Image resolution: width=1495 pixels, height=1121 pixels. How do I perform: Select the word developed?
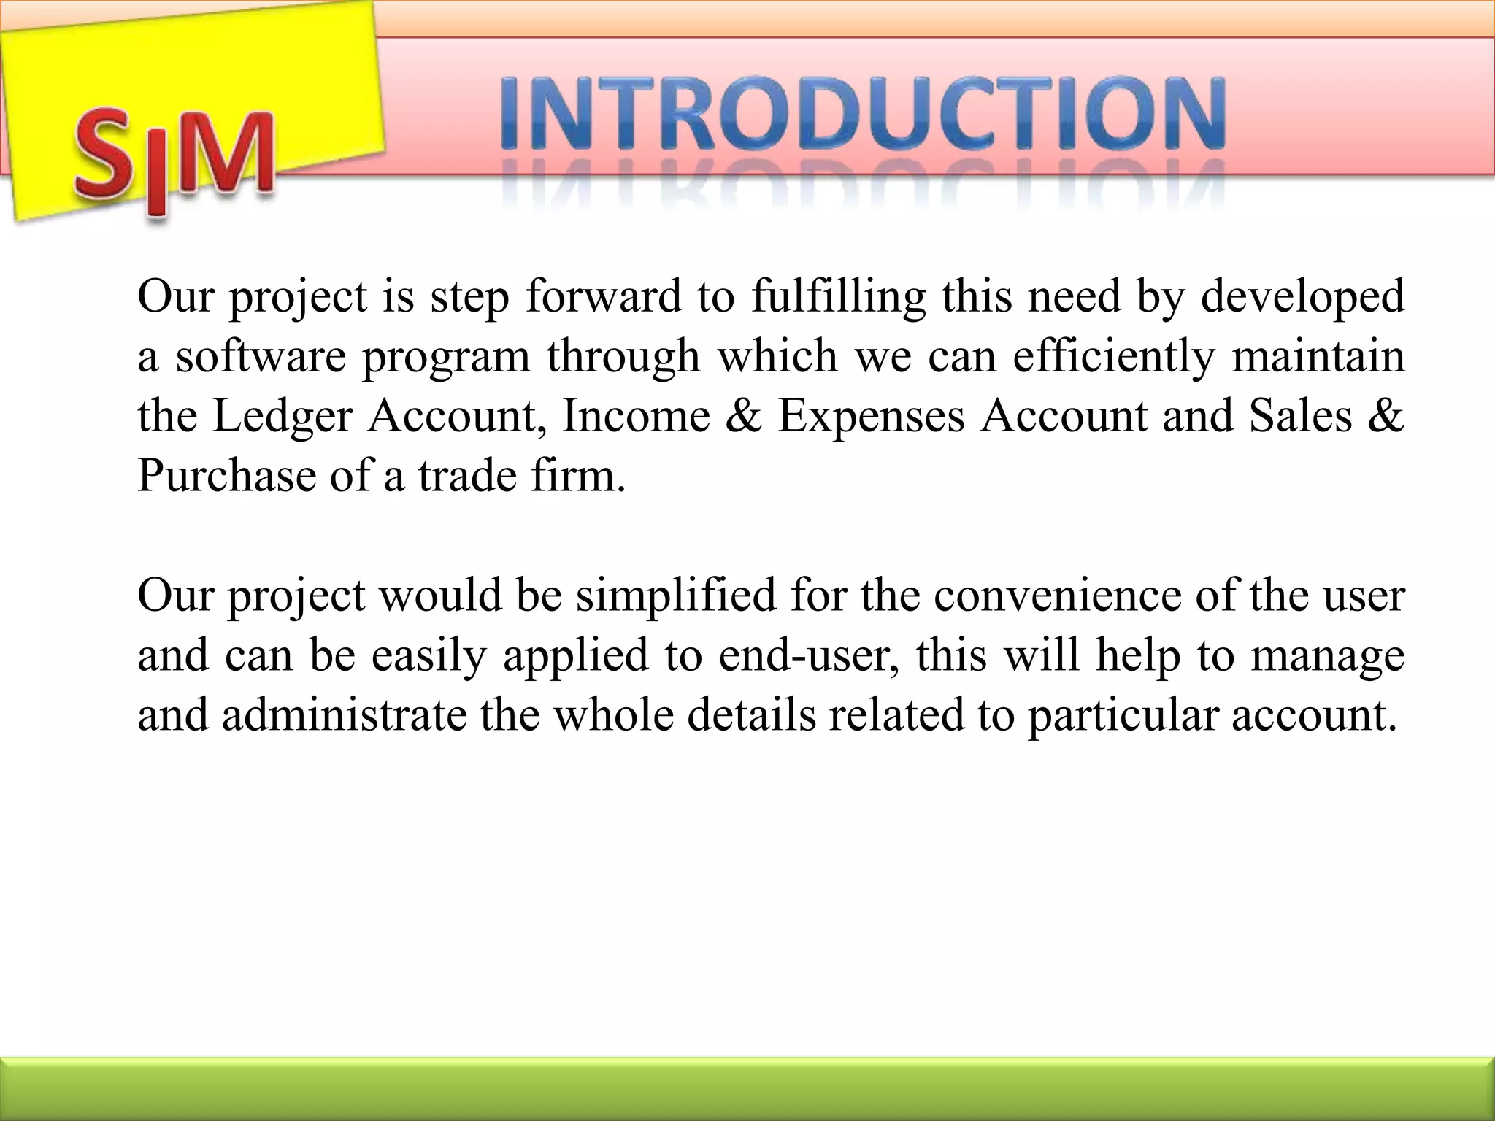1302,298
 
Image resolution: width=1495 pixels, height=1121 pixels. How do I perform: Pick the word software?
261,356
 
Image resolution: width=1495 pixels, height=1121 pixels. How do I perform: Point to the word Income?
636,416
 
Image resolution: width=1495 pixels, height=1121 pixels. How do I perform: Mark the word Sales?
1300,416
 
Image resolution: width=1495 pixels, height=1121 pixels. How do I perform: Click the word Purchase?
226,476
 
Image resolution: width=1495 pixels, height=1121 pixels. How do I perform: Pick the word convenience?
1056,596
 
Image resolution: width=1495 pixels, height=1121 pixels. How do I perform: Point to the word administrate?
345,714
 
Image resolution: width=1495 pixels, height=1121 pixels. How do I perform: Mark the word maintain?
1318,356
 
